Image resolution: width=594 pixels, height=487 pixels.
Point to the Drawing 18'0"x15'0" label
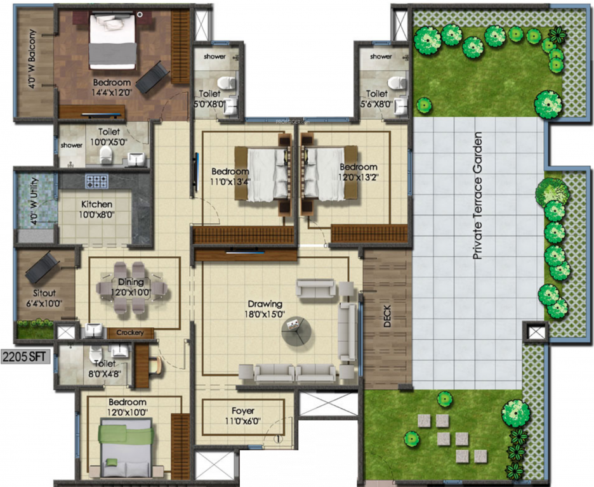265,309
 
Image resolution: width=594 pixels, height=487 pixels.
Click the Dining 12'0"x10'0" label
131,287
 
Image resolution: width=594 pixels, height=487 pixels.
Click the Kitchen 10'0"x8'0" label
96,210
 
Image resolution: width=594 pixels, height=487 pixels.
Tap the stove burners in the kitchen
97,182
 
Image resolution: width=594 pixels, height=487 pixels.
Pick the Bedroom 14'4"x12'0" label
112,87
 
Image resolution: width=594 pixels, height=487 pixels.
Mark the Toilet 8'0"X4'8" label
104,368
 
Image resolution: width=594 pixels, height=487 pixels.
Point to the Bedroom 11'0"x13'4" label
230,176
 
